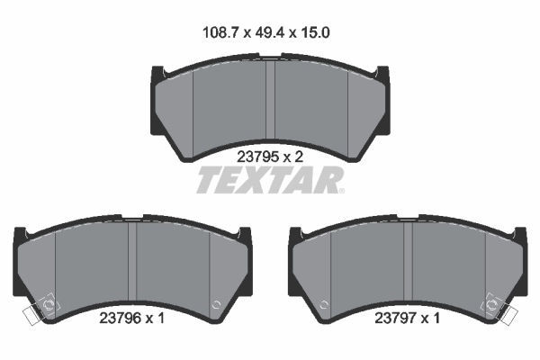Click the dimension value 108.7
pyautogui.click(x=220, y=32)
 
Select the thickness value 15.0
pyautogui.click(x=315, y=32)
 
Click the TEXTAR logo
pyautogui.click(x=269, y=180)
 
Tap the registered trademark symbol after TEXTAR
pyautogui.click(x=341, y=191)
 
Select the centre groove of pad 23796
pyautogui.click(x=132, y=262)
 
